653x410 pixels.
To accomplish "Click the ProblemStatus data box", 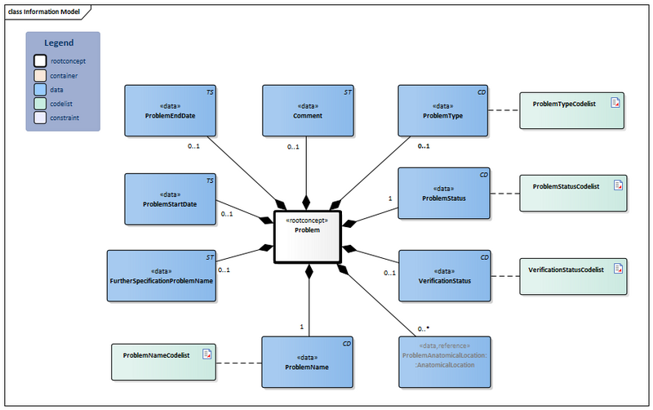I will pos(443,193).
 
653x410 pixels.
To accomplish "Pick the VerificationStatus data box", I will pos(443,275).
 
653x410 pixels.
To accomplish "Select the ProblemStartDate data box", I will pos(171,198).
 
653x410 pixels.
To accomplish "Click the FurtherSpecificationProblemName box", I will pos(161,275).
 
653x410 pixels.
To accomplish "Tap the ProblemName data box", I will pos(307,362).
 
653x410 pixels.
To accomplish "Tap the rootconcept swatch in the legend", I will pos(40,60).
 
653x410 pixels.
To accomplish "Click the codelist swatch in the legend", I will pos(40,104).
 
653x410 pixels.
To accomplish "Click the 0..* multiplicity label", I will pos(423,328).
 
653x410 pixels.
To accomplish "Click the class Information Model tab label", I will pos(43,10).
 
